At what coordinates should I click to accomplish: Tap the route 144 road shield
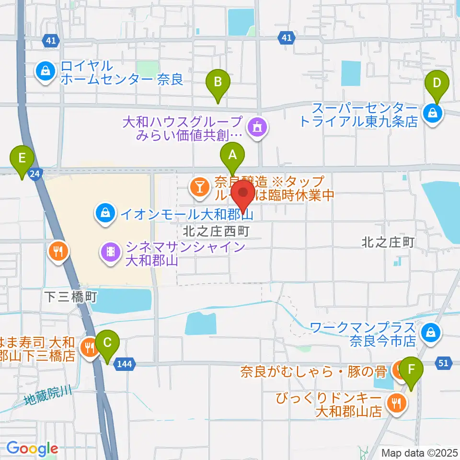tap(124, 364)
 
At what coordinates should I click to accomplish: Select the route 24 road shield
tap(34, 174)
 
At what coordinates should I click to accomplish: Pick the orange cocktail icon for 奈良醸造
tap(199, 187)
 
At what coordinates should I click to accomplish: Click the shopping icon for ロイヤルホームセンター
tap(45, 71)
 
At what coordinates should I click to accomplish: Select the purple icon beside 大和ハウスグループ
tap(257, 127)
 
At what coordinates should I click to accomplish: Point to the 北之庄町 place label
tap(388, 243)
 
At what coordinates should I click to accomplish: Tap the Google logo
tap(32, 448)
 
